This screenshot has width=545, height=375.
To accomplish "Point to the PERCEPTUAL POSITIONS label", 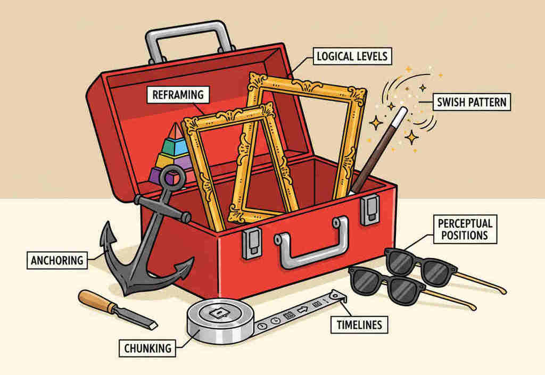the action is pos(465,228).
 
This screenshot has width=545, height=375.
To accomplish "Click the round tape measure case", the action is pos(219,320).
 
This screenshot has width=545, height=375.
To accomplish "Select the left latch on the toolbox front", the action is pos(251,242).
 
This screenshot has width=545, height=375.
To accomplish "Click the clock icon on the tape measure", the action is pos(275,321).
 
